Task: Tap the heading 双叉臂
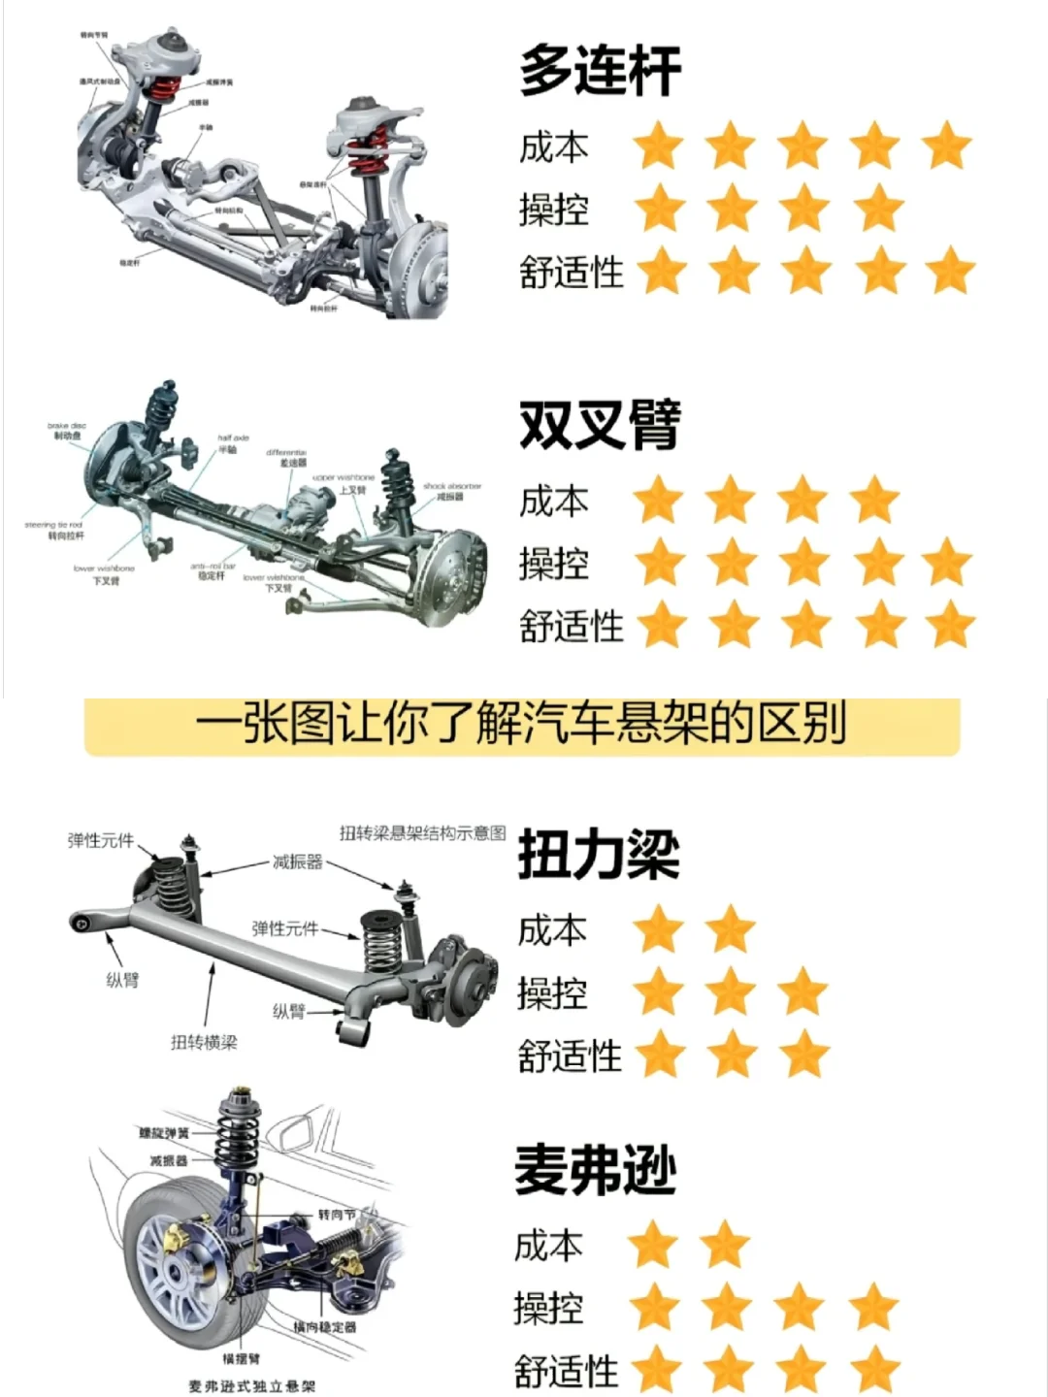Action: coord(600,425)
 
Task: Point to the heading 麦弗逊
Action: coord(595,1170)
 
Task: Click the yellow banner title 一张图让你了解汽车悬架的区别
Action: coord(521,725)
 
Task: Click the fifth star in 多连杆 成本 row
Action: coord(947,146)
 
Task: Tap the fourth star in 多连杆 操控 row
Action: coord(879,208)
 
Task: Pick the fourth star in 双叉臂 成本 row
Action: coord(874,500)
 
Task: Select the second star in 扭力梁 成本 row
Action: coord(731,929)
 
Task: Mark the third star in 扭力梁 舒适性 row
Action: coord(804,1055)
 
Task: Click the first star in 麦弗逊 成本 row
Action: coord(653,1245)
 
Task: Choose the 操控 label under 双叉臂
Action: coord(553,563)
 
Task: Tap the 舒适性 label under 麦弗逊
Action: coord(567,1371)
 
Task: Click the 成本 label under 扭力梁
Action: coord(552,929)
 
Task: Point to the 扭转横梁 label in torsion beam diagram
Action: coord(204,1042)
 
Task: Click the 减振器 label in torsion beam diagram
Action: coord(297,861)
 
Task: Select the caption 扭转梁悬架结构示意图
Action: coord(422,832)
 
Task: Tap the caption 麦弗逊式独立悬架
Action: coord(252,1386)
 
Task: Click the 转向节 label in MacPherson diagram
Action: coord(337,1214)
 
